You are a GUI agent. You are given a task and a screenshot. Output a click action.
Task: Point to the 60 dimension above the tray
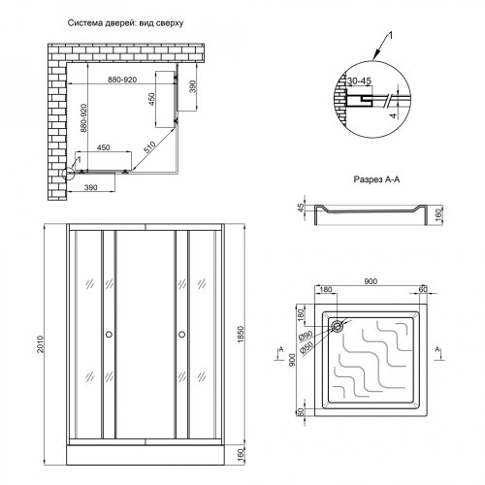pyautogui.click(x=423, y=288)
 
